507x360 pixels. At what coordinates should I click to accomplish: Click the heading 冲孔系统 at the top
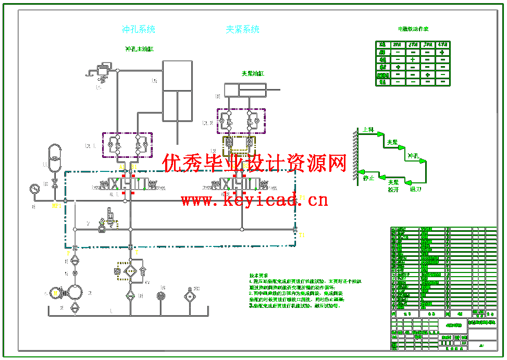[139, 29]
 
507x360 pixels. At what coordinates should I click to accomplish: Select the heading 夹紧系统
[242, 29]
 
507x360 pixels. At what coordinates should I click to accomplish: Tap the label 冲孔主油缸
[139, 49]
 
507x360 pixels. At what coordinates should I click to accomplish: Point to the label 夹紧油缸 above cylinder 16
[253, 73]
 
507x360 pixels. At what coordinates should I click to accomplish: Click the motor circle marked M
[55, 294]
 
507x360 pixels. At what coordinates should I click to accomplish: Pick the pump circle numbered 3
[75, 292]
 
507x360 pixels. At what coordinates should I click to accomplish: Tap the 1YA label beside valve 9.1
[96, 188]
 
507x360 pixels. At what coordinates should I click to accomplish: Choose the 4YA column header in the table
[442, 45]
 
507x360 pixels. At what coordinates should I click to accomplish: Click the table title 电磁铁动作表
[413, 29]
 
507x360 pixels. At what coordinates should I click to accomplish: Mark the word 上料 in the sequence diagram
[368, 130]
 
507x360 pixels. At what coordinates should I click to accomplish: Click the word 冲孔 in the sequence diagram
[413, 156]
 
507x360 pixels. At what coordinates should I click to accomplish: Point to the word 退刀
[415, 189]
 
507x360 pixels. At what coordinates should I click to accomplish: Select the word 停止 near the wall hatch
[369, 178]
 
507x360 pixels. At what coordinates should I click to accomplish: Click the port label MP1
[56, 206]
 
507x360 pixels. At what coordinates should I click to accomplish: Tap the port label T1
[302, 235]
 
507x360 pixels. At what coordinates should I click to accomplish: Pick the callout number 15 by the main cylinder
[154, 81]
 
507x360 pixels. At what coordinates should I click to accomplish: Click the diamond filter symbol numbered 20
[189, 296]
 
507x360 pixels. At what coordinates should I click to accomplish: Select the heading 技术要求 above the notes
[259, 276]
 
